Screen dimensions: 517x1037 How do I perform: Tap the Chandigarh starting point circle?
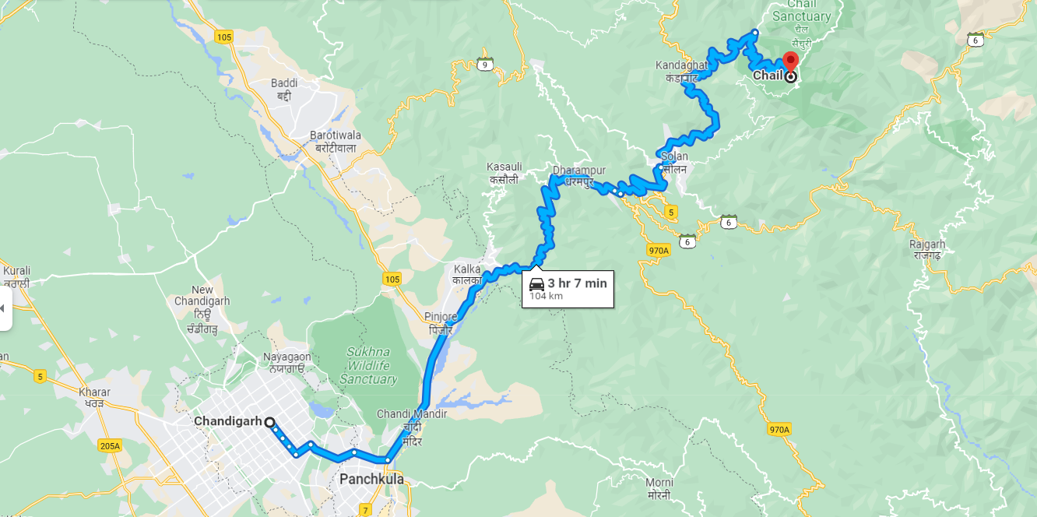coord(269,422)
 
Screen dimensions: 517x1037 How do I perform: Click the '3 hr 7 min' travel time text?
coord(577,283)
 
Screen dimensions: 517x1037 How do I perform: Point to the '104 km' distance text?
coord(547,296)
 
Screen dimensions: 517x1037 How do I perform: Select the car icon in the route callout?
coord(536,284)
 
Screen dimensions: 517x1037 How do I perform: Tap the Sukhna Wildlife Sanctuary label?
coord(369,366)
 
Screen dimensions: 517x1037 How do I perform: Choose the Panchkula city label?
coord(371,479)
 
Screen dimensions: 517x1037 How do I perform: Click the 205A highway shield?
coord(111,446)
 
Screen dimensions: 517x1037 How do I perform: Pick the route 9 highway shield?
coord(485,63)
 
